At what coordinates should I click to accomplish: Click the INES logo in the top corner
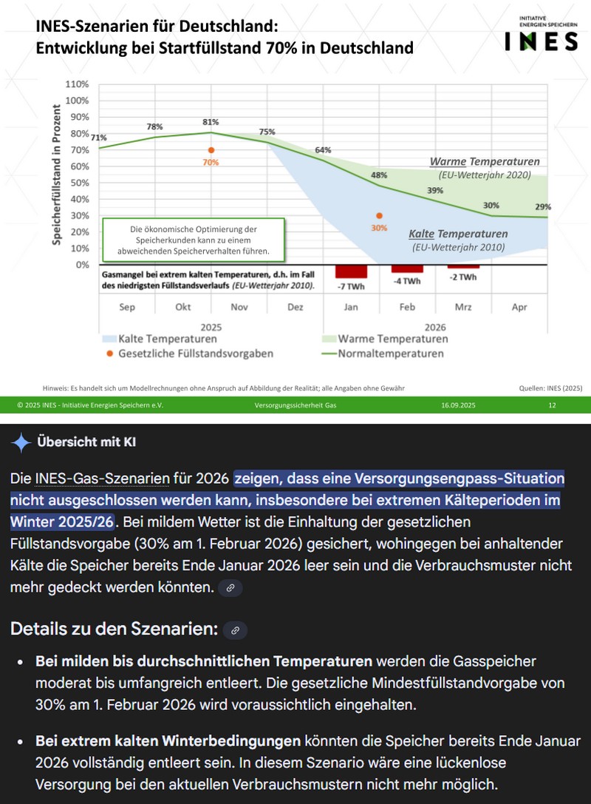[541, 37]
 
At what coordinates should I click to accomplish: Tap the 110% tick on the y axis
[78, 84]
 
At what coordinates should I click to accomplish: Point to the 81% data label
[211, 122]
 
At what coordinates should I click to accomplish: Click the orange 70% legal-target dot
[211, 150]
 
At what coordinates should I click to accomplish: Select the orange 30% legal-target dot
[379, 215]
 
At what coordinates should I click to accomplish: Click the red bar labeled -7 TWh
[351, 271]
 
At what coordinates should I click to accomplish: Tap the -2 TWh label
[463, 277]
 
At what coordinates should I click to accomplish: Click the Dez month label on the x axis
[295, 307]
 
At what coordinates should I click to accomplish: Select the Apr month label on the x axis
[519, 307]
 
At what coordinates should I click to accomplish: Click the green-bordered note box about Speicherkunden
[194, 240]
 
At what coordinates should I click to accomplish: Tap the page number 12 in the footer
[552, 405]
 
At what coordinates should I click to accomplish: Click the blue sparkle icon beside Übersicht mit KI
[21, 442]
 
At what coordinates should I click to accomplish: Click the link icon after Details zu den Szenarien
[235, 630]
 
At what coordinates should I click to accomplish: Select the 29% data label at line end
[543, 206]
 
